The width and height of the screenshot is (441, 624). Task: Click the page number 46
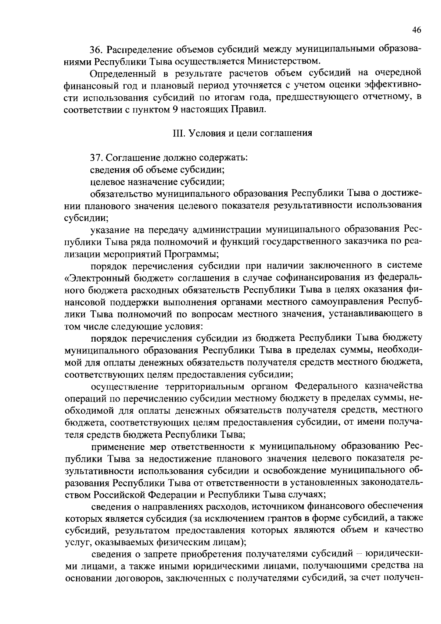416,31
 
